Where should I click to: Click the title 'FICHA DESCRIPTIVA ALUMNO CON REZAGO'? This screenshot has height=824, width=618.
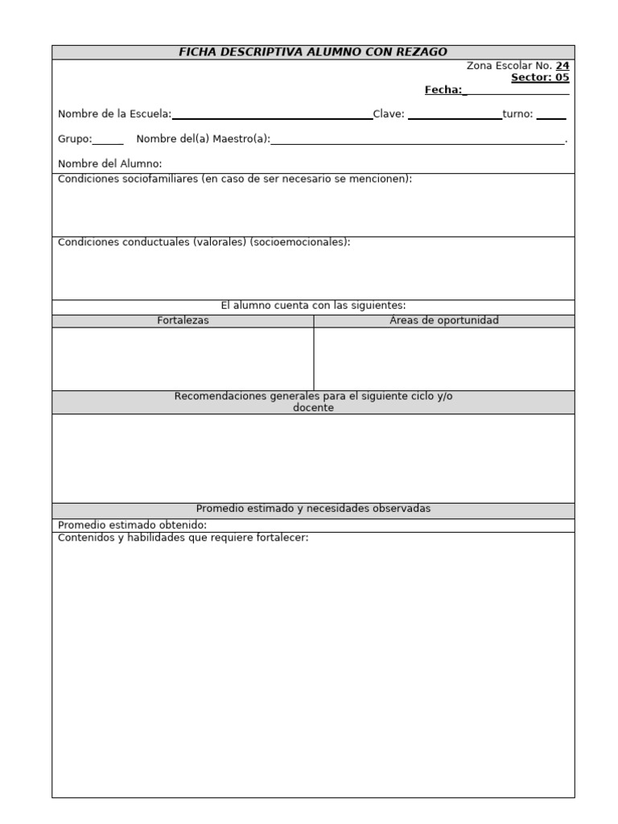pos(313,52)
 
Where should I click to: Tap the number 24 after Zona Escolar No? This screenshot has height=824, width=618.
pos(562,66)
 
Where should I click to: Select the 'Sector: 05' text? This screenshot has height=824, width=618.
pos(540,78)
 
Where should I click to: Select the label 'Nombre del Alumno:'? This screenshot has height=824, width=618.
pos(110,164)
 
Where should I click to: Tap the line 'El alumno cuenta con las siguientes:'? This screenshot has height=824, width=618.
pos(313,306)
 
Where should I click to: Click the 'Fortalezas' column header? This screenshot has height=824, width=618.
pos(183,320)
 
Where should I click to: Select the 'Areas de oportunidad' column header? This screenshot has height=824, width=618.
pos(443,320)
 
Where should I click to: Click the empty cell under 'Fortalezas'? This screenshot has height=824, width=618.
pos(183,359)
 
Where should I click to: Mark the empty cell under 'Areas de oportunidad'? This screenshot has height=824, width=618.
pos(443,359)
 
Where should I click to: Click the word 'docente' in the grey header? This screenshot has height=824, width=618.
pos(313,408)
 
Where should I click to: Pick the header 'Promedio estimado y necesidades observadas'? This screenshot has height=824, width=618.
pos(313,509)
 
